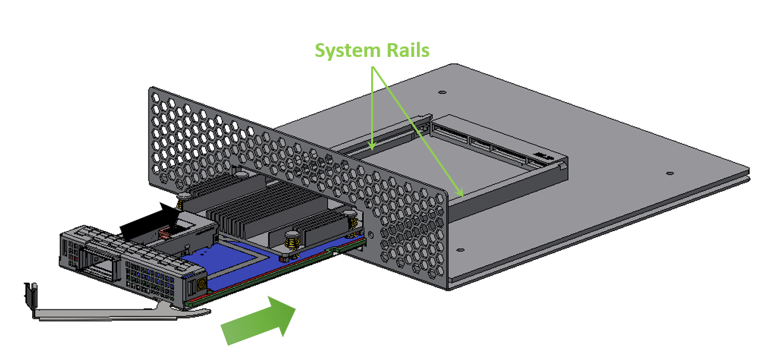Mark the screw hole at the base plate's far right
pyautogui.click(x=670, y=173)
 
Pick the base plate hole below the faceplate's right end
pyautogui.click(x=461, y=249)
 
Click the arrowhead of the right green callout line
pyautogui.click(x=462, y=194)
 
